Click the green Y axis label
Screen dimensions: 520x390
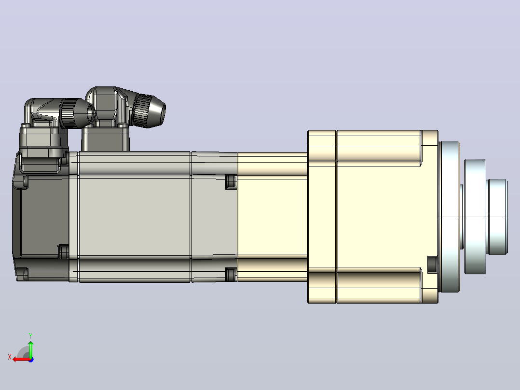[x=30, y=335]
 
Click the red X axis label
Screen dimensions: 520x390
[x=10, y=357]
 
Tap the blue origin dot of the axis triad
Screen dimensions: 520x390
[x=31, y=360]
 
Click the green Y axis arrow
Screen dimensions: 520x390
[x=30, y=349]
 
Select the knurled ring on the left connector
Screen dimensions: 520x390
[x=68, y=112]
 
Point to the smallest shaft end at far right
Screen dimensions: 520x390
[x=498, y=217]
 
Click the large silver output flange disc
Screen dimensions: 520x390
[x=450, y=217]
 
